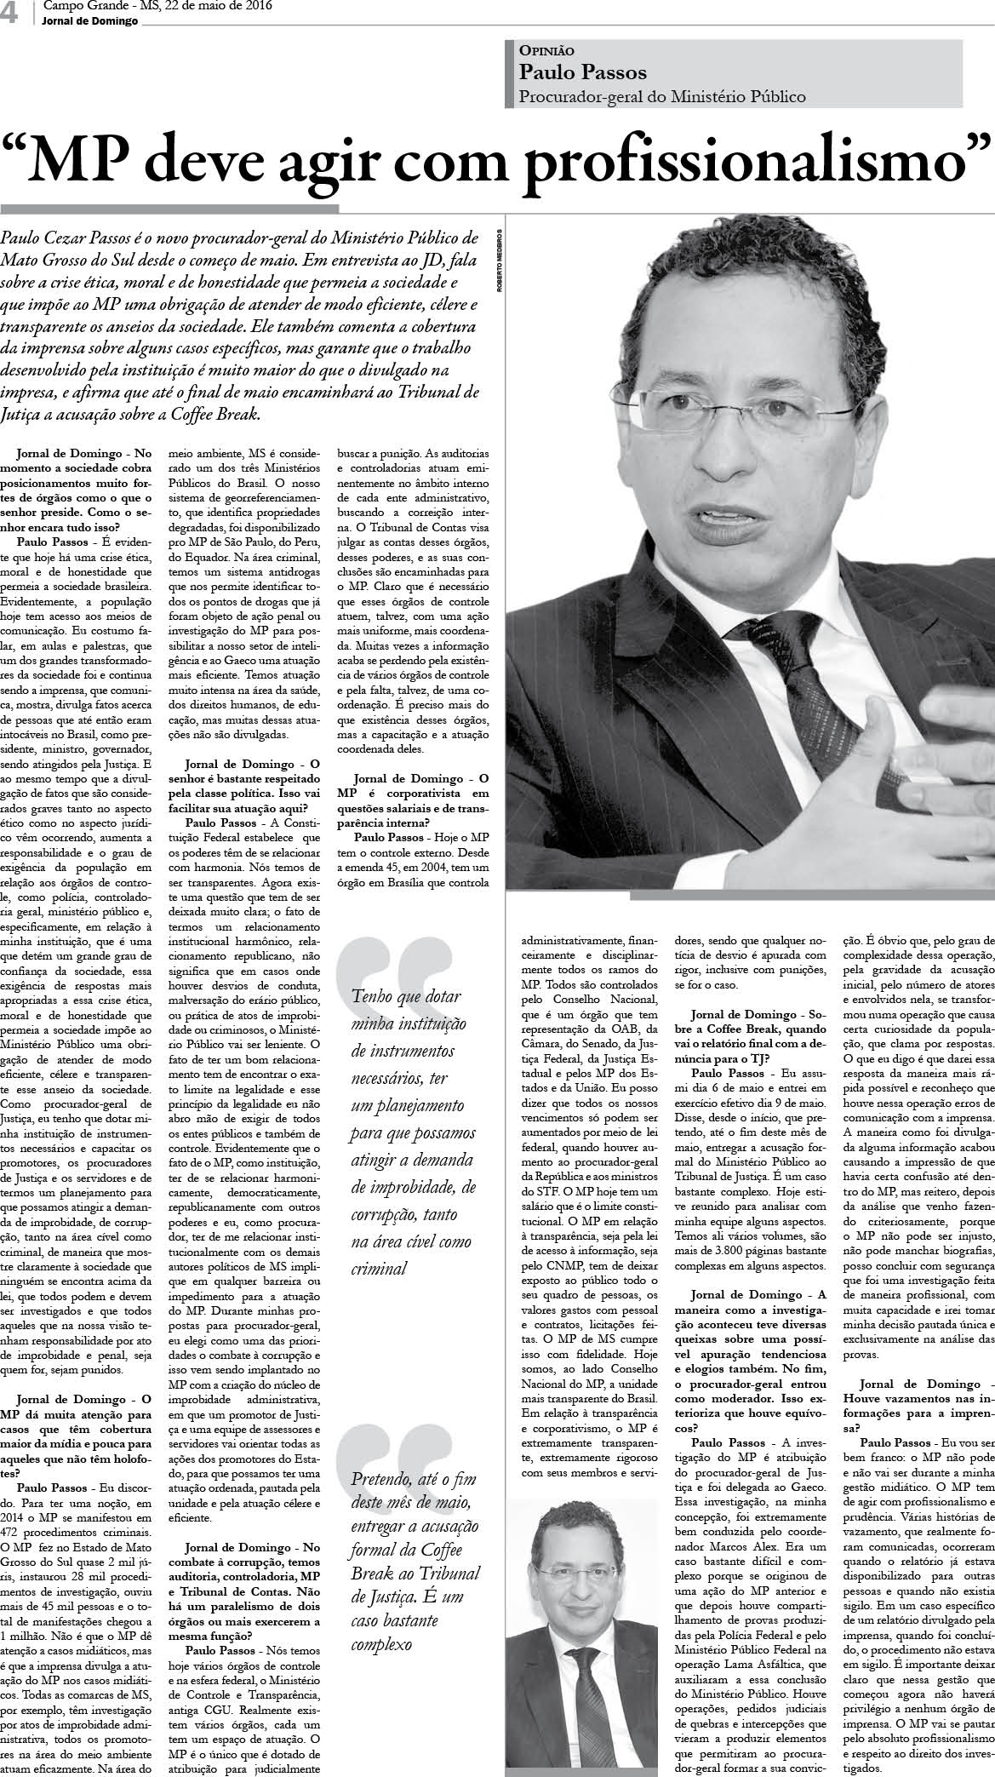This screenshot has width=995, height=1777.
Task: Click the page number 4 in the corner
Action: (11, 12)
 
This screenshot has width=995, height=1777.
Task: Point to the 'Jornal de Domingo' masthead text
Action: (89, 21)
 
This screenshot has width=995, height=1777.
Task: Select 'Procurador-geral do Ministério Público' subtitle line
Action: (662, 97)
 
